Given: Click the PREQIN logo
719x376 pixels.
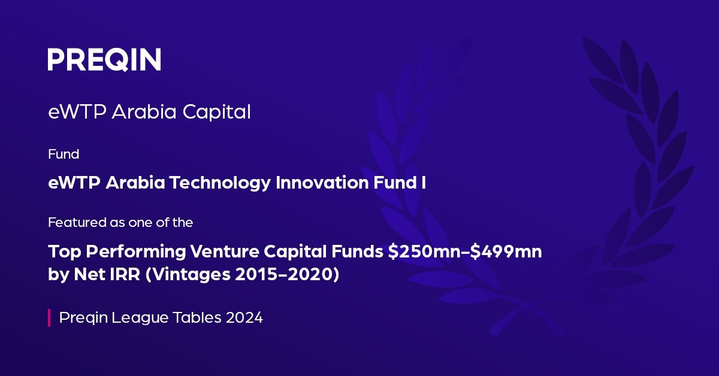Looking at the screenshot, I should (x=104, y=60).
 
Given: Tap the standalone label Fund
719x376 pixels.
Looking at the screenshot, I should (x=63, y=154).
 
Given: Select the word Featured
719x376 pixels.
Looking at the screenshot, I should (x=72, y=223).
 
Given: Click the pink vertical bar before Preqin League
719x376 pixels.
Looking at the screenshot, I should (x=49, y=317).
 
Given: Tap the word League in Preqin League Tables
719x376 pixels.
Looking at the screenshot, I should (x=131, y=318).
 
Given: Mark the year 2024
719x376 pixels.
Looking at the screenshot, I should (x=244, y=317).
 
